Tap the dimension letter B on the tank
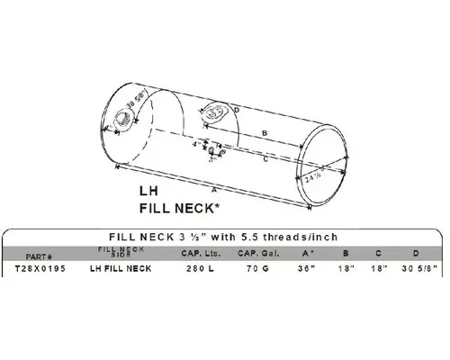pyautogui.click(x=262, y=131)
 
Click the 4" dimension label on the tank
pyautogui.click(x=194, y=143)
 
